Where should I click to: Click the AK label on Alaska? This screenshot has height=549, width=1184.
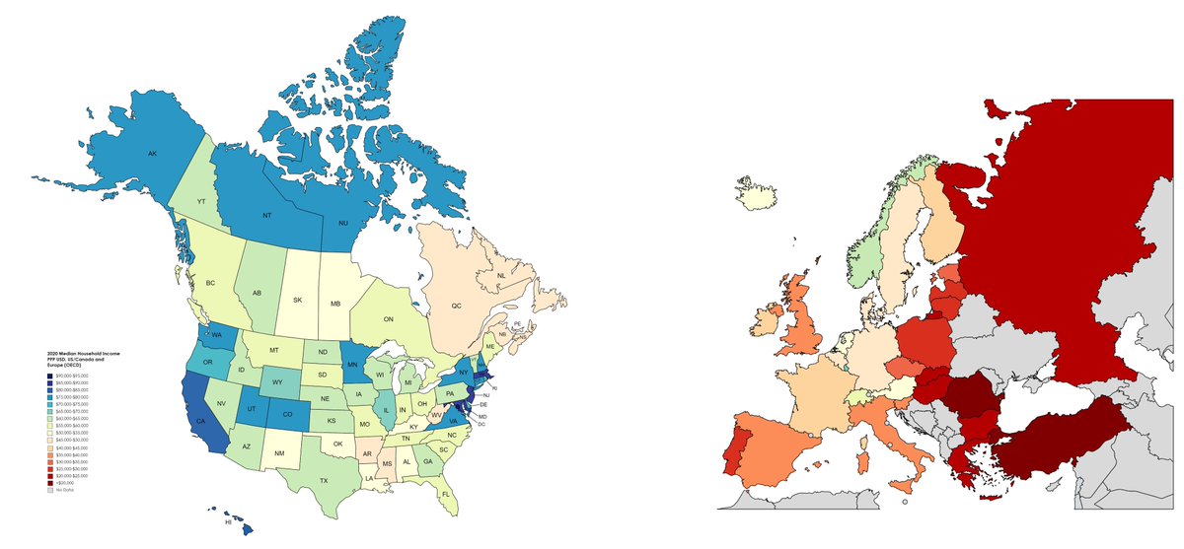pyautogui.click(x=152, y=154)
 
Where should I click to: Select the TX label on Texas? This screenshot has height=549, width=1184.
pyautogui.click(x=323, y=480)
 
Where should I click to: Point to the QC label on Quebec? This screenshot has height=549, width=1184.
pyautogui.click(x=456, y=306)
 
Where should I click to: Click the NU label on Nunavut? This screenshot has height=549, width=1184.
pyautogui.click(x=344, y=224)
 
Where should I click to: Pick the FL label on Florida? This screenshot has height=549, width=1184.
pyautogui.click(x=446, y=493)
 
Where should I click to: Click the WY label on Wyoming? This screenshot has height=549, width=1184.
pyautogui.click(x=277, y=382)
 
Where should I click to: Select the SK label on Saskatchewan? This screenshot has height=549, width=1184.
pyautogui.click(x=298, y=300)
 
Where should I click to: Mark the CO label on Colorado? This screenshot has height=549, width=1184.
pyautogui.click(x=287, y=415)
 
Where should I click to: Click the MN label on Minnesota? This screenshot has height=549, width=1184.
pyautogui.click(x=353, y=365)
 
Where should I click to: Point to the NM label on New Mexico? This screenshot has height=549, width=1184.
pyautogui.click(x=279, y=452)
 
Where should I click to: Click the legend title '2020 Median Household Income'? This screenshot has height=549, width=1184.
pyautogui.click(x=83, y=352)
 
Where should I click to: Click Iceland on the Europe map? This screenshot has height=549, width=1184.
pyautogui.click(x=758, y=195)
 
